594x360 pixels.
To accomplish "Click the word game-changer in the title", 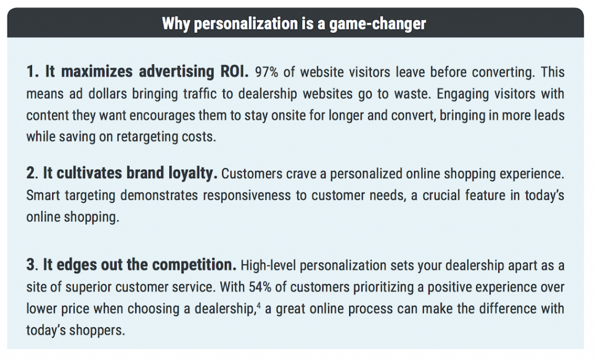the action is (377, 24).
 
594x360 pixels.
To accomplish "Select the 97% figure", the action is (266, 72).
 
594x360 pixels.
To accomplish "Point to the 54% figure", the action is (260, 287).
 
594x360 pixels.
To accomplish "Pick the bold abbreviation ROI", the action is (234, 71).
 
